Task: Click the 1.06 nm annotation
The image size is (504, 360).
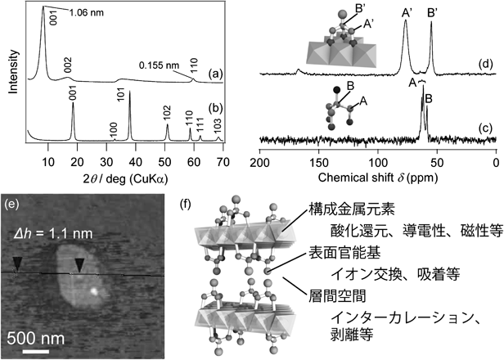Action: (x=87, y=13)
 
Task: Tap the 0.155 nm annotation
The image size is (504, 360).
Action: (x=159, y=66)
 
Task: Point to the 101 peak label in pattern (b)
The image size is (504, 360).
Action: (x=121, y=92)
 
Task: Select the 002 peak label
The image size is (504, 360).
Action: (x=67, y=65)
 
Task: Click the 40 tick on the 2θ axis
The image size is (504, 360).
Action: (x=135, y=162)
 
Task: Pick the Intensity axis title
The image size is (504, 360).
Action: (x=13, y=72)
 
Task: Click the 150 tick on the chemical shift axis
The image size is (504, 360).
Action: (x=318, y=162)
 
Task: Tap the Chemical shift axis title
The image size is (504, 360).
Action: (x=378, y=178)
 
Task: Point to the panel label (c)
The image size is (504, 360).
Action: (x=485, y=128)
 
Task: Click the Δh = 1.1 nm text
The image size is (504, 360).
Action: (x=53, y=233)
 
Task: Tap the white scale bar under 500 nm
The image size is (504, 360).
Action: (x=36, y=351)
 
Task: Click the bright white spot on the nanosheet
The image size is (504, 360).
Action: (x=94, y=291)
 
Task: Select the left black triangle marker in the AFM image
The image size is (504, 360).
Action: (x=17, y=264)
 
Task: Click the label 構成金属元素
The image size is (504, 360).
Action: (x=352, y=210)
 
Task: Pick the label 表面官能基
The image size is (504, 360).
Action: (x=344, y=253)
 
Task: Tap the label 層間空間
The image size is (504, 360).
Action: (x=337, y=295)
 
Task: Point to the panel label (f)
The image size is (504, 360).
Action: (x=186, y=205)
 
